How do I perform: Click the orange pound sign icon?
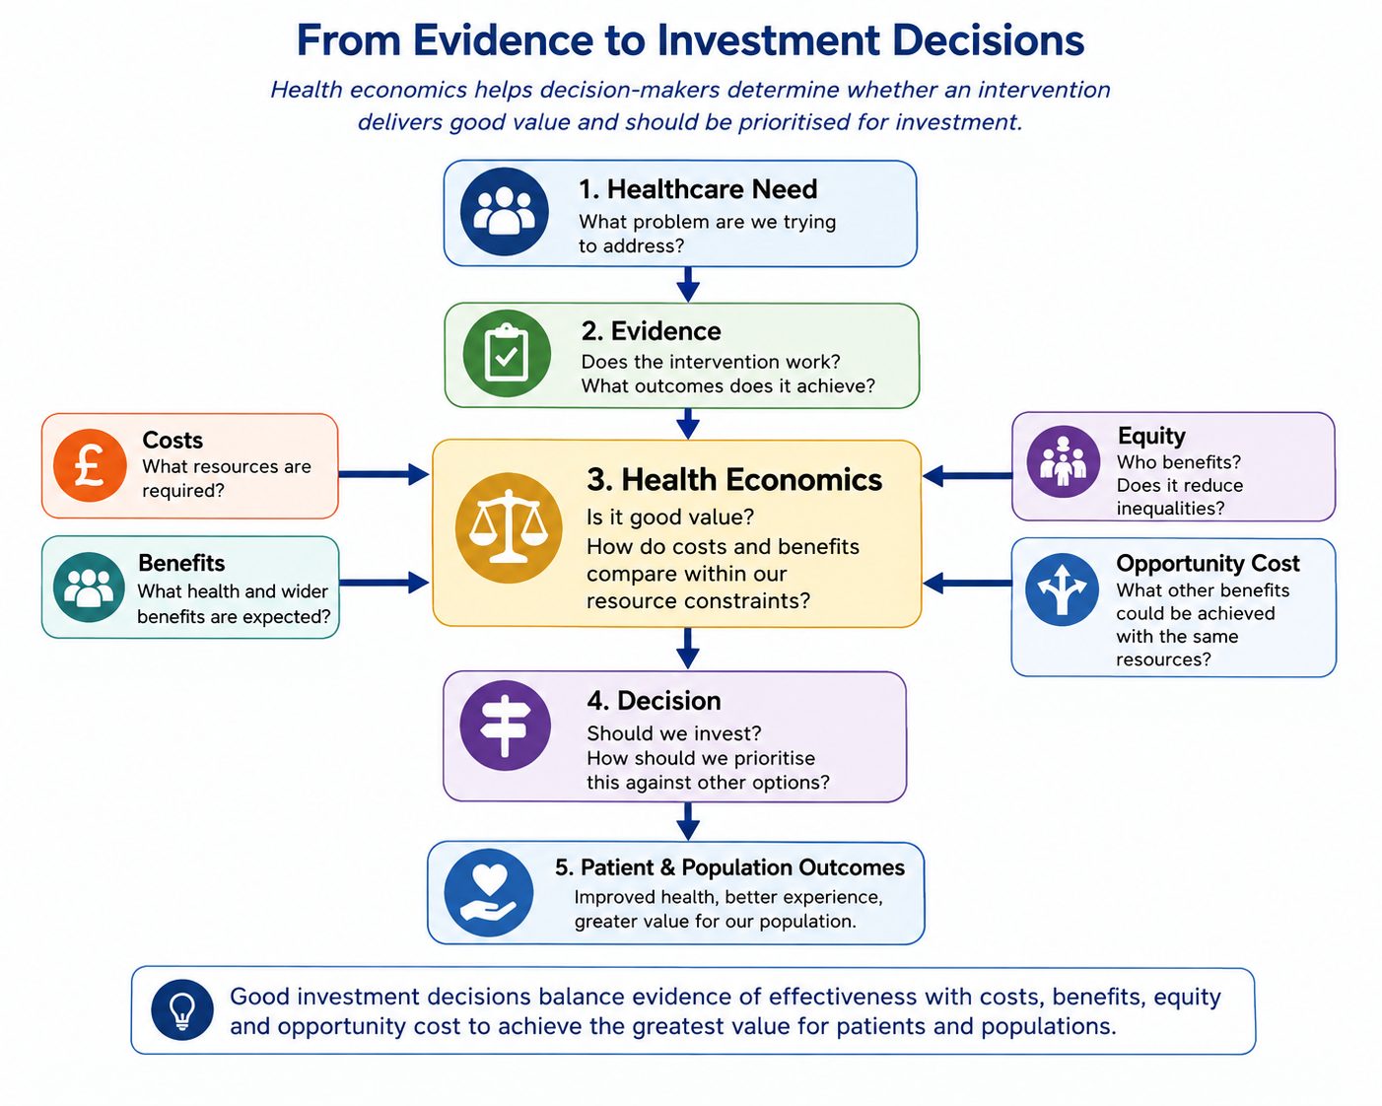[x=90, y=465]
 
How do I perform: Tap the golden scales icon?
[x=508, y=528]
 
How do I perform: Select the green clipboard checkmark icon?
[x=507, y=353]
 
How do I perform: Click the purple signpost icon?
[x=505, y=726]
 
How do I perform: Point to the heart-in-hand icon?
[x=489, y=893]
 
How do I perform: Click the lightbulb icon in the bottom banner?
[x=182, y=1009]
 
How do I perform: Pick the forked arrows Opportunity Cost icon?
[x=1063, y=588]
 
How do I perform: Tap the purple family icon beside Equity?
[x=1063, y=461]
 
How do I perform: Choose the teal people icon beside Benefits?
[x=89, y=588]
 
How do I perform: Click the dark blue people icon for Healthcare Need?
[x=504, y=211]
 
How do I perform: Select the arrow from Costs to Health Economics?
[x=384, y=475]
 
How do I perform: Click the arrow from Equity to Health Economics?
[x=968, y=476]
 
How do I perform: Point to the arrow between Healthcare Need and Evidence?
[x=688, y=285]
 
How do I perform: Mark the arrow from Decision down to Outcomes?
[x=688, y=821]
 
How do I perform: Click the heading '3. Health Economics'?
[x=734, y=480]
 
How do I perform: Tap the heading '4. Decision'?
[x=654, y=701]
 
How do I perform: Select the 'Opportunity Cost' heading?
[x=1208, y=563]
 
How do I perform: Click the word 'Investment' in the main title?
[x=768, y=40]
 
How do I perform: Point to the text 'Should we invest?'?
[x=673, y=732]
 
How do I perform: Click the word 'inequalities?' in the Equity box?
[x=1170, y=509]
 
